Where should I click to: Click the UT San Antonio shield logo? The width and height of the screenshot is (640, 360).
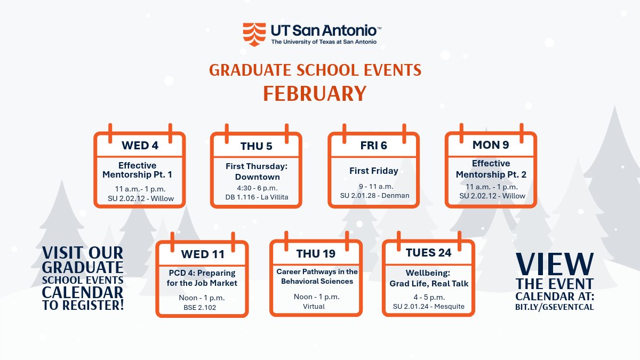[254, 34]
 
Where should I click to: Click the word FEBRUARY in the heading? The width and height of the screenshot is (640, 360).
[315, 93]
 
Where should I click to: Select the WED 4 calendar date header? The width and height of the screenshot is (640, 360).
[140, 145]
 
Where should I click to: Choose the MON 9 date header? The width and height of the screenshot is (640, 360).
[491, 145]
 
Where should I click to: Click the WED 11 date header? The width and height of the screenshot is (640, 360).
[202, 254]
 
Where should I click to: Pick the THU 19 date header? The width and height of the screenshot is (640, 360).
[316, 254]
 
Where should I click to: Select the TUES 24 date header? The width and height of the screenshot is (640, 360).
[428, 253]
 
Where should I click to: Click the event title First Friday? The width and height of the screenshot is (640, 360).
[373, 171]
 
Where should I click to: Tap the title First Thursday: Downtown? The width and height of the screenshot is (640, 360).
[257, 172]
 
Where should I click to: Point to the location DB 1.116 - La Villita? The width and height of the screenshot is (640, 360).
[257, 197]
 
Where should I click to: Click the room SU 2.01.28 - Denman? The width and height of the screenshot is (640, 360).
[374, 195]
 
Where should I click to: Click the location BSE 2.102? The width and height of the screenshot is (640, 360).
[202, 307]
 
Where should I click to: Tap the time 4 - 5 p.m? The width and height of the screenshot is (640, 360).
[429, 296]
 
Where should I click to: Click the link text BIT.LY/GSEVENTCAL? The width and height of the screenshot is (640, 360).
[555, 307]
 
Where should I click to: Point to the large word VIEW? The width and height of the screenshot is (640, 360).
[555, 264]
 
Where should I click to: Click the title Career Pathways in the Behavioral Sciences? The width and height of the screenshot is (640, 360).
[317, 276]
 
